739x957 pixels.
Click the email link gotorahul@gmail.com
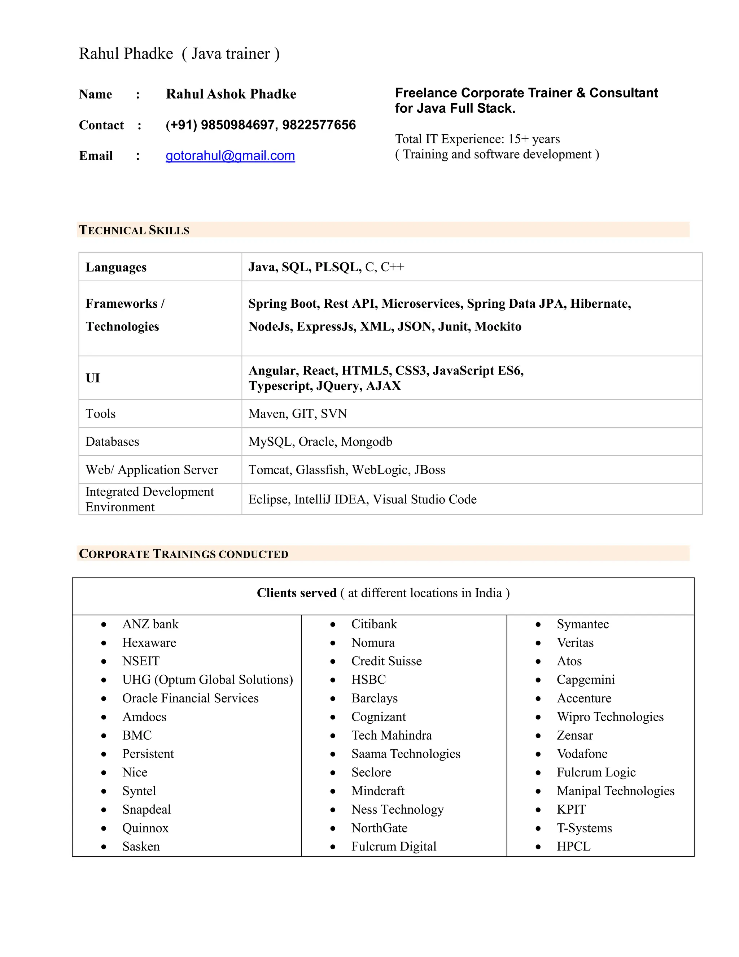click(230, 156)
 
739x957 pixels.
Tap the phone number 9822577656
click(319, 125)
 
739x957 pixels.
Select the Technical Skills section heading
click(134, 230)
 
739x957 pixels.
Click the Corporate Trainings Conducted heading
click(183, 554)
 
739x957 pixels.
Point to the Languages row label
click(116, 267)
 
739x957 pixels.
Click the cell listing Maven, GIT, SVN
click(298, 413)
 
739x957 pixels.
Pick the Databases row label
click(112, 442)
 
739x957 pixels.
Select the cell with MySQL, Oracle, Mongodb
click(320, 442)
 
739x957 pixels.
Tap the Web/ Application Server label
click(152, 470)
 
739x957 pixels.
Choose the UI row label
click(93, 378)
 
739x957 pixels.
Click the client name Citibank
click(374, 624)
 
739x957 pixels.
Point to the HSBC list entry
click(369, 680)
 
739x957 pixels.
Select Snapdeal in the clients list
click(147, 809)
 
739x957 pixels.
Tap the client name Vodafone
click(582, 754)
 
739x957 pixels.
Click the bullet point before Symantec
click(538, 625)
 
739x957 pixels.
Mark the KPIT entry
click(571, 809)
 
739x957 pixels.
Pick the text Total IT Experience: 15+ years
click(477, 139)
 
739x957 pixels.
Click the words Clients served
click(296, 593)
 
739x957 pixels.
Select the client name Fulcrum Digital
click(394, 846)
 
